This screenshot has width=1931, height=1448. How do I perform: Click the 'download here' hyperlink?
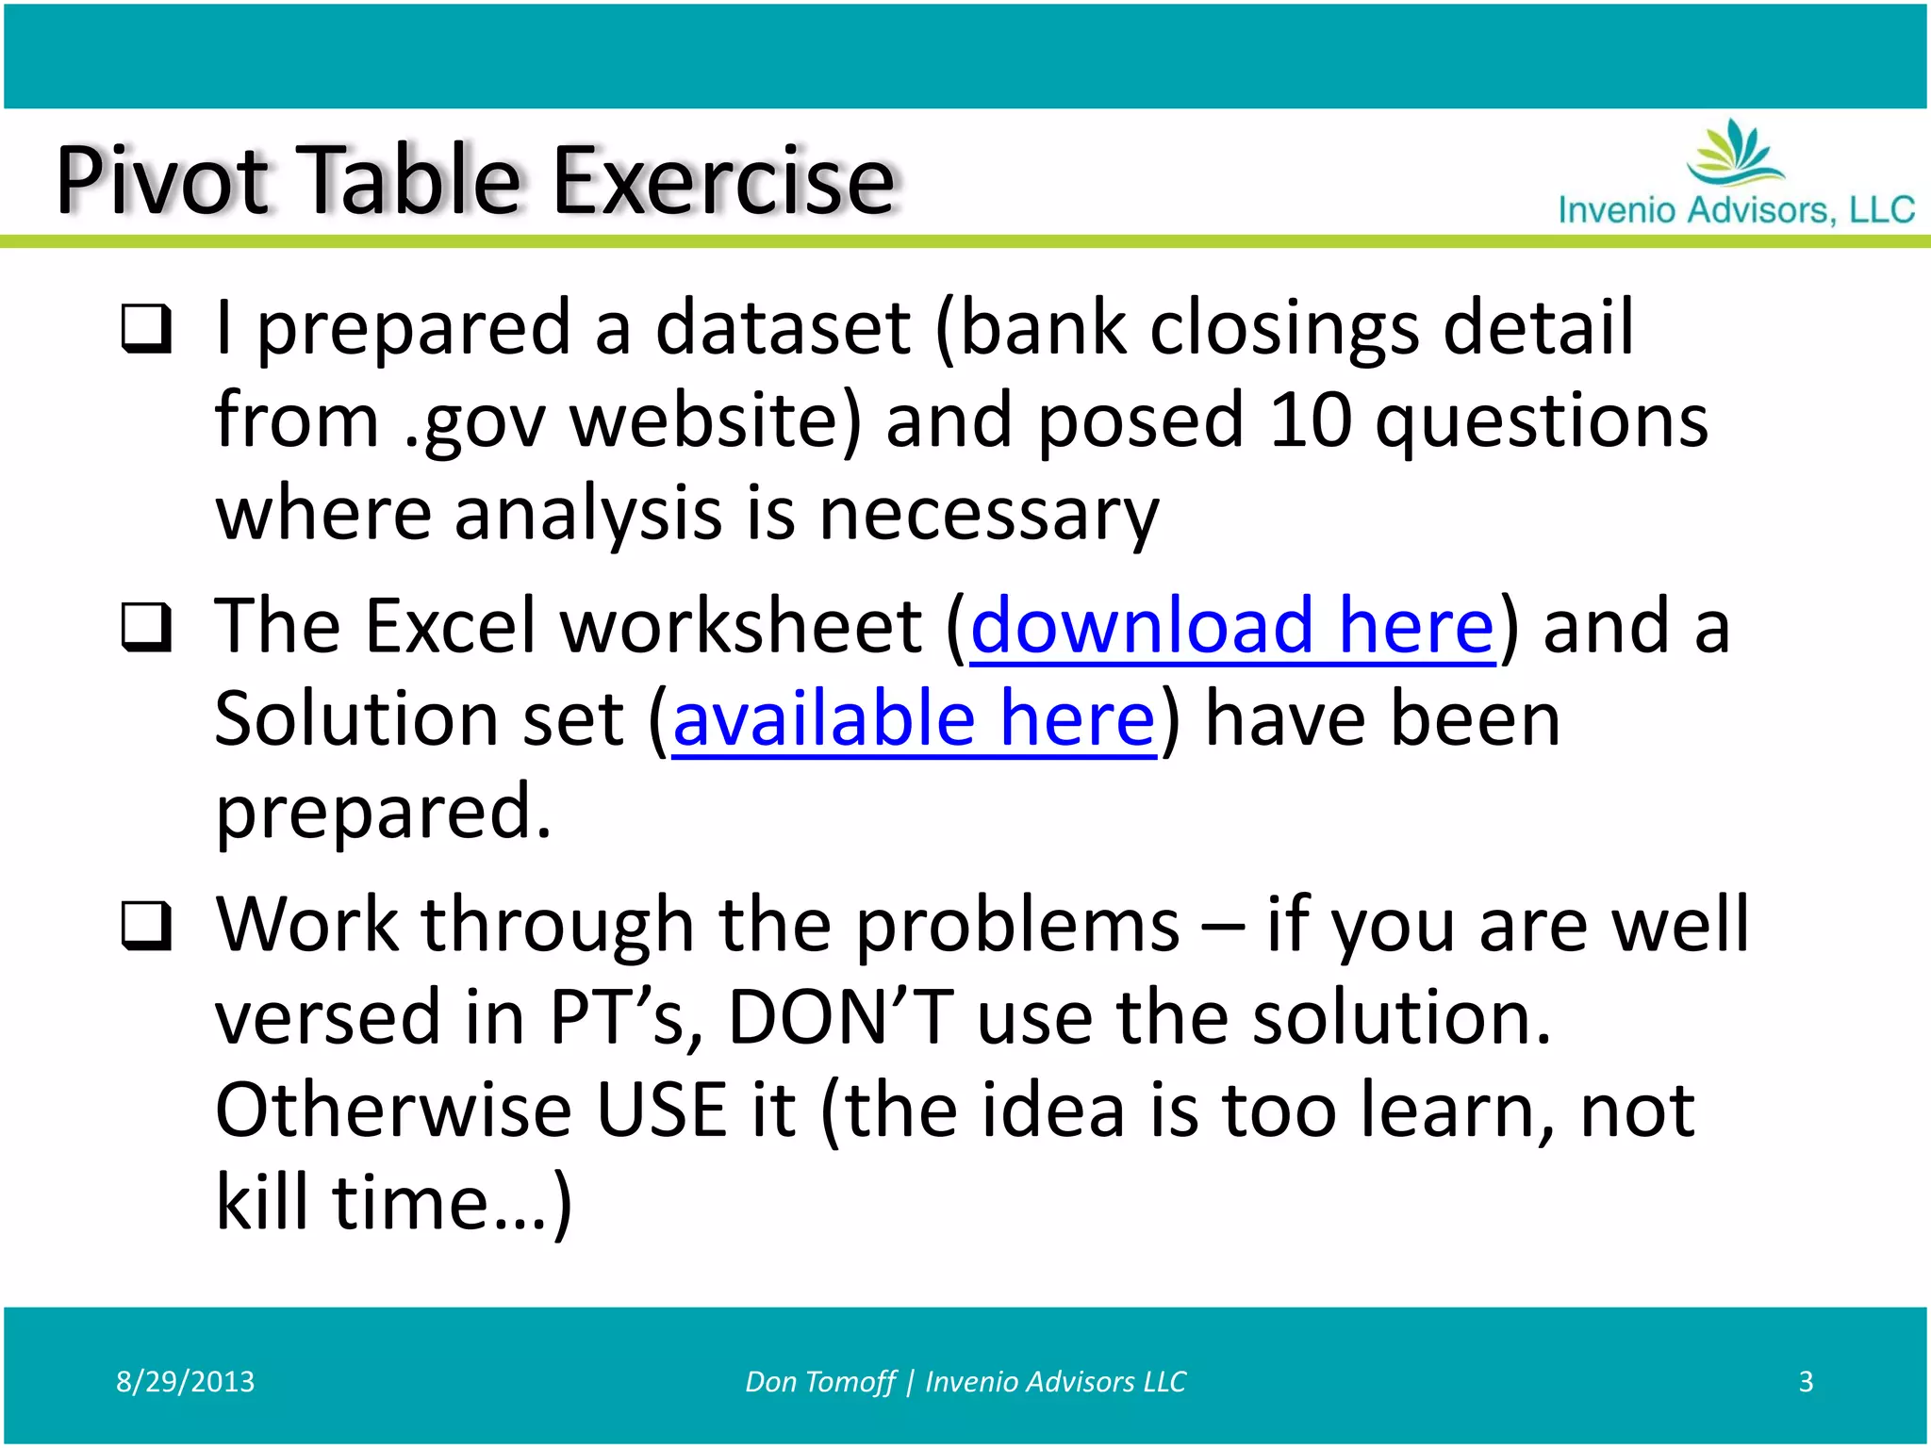[x=1232, y=626]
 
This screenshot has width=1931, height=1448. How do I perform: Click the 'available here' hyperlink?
[x=913, y=719]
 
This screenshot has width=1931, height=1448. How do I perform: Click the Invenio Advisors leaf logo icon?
[x=1735, y=153]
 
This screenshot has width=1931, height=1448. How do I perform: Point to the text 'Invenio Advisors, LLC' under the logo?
[x=1736, y=209]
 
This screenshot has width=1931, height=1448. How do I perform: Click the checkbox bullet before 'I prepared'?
[x=147, y=329]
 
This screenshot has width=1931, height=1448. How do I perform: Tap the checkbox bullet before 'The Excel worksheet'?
[x=147, y=628]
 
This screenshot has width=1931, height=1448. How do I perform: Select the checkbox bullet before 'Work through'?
[x=147, y=926]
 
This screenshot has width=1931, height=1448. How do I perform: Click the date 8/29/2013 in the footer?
[x=185, y=1381]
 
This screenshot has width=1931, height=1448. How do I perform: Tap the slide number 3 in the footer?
[x=1806, y=1381]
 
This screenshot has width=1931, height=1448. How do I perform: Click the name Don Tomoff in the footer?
[x=819, y=1381]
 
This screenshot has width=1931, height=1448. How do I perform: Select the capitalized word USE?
[x=661, y=1111]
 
